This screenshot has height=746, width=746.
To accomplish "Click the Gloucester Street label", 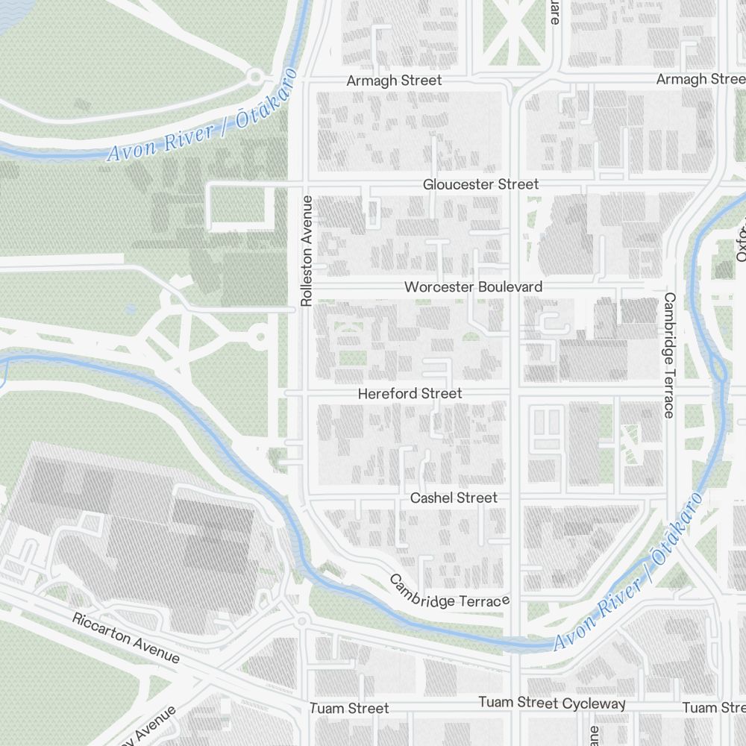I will (x=480, y=184).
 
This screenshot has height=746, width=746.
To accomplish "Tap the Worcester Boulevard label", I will (x=473, y=287).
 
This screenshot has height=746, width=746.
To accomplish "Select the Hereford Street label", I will (x=410, y=393).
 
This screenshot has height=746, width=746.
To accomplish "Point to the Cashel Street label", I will (x=454, y=498).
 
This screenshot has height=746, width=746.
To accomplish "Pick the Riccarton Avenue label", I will (x=126, y=639).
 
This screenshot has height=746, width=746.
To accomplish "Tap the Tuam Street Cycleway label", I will (x=551, y=703).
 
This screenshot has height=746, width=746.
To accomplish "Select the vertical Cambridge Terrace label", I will (x=669, y=354).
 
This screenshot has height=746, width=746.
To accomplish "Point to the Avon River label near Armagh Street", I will (x=202, y=119).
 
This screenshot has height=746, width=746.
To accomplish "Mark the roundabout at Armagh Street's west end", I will (x=255, y=76).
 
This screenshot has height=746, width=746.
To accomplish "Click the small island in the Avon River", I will (x=718, y=368).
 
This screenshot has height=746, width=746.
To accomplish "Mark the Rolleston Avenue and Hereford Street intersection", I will (x=295, y=393).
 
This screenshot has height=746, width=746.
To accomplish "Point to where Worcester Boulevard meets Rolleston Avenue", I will (x=295, y=287).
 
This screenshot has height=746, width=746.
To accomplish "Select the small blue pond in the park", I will (x=131, y=308).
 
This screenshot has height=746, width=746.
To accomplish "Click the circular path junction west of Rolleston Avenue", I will (x=259, y=337).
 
